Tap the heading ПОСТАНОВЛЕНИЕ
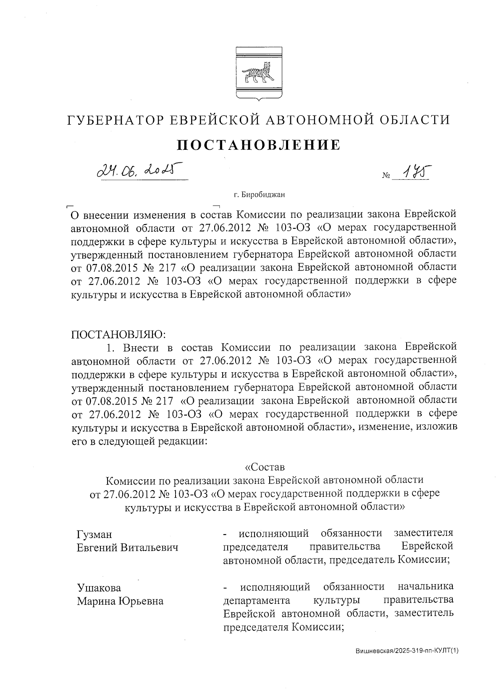tap(258, 145)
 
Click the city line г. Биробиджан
tap(259, 194)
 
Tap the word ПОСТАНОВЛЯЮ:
tap(119, 334)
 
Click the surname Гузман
tap(94, 534)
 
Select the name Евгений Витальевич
tap(128, 548)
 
